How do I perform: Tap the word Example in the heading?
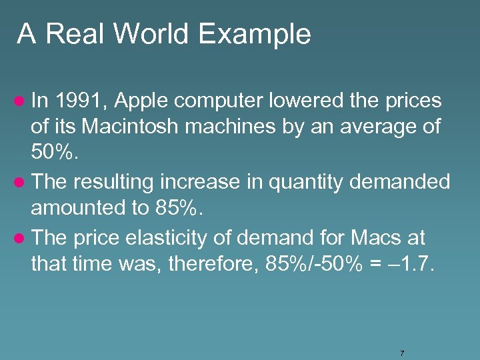click(x=255, y=34)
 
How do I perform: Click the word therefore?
click(x=213, y=263)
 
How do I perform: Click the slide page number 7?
click(x=402, y=353)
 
